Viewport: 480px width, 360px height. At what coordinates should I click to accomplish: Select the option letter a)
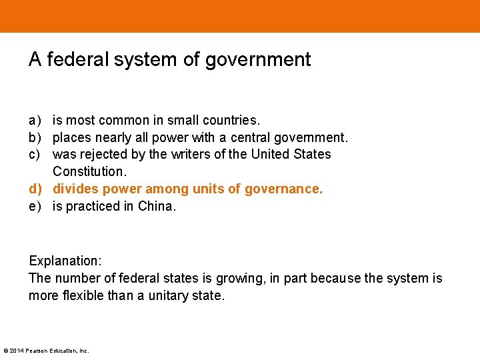[x=35, y=121]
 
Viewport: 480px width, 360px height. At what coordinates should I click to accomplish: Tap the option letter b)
[x=35, y=138]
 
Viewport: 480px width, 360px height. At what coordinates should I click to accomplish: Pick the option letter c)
[x=35, y=155]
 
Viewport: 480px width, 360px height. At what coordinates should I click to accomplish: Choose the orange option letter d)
[x=35, y=189]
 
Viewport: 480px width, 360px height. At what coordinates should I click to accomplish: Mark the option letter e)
[x=35, y=207]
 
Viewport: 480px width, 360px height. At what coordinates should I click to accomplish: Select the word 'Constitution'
[x=88, y=172]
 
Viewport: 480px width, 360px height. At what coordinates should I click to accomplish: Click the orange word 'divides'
[x=75, y=189]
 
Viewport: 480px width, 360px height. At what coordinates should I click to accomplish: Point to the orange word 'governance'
[x=283, y=189]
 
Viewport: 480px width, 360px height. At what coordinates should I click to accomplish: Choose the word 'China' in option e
[x=156, y=207]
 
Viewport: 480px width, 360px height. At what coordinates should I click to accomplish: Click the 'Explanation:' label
[x=65, y=261]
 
